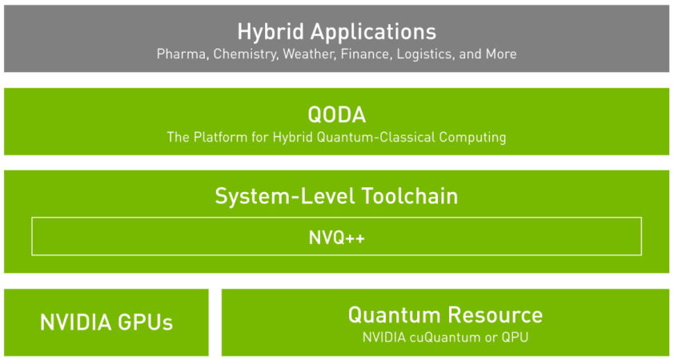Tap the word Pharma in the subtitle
[180, 54]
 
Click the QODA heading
[336, 114]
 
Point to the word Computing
[472, 137]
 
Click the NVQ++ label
[336, 238]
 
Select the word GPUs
[145, 322]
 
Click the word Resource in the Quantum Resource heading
[495, 314]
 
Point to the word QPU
[514, 337]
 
